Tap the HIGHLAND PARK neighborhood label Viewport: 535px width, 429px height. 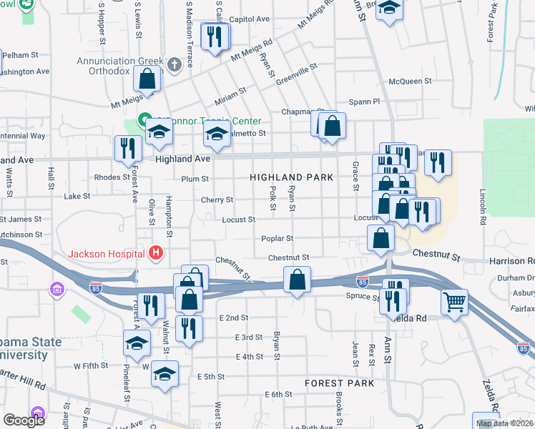(291, 177)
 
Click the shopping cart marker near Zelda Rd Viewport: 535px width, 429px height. (454, 302)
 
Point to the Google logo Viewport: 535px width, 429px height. (24, 420)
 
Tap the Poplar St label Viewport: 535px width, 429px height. (280, 238)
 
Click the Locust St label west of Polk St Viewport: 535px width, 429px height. (238, 220)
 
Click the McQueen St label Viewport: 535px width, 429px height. (409, 82)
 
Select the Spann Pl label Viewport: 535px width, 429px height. (363, 102)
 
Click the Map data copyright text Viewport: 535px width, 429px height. (504, 423)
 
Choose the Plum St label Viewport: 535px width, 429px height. (195, 179)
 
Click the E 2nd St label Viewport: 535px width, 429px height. (234, 317)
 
